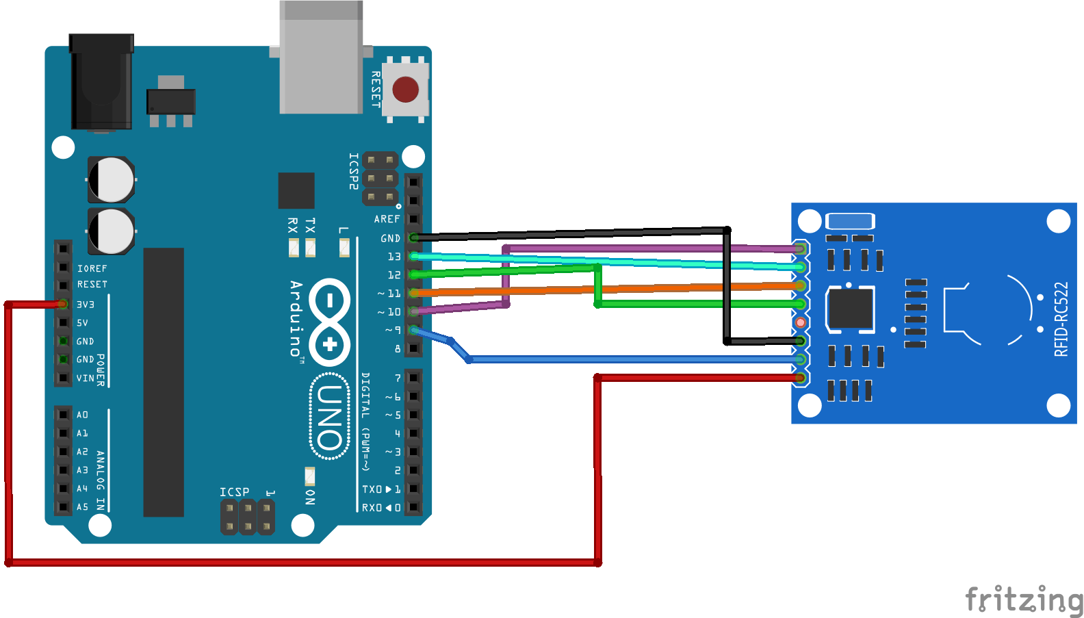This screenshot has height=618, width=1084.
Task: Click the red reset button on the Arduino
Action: (405, 89)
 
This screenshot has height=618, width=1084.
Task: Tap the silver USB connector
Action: (321, 62)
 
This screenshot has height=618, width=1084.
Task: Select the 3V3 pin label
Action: (86, 305)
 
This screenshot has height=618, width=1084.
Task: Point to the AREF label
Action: (387, 219)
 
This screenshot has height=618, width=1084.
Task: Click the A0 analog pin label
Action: (82, 415)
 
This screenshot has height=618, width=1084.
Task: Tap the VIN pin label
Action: (85, 378)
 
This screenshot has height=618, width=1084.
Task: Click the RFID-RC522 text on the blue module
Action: (1061, 320)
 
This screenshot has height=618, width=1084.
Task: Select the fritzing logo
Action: (1024, 600)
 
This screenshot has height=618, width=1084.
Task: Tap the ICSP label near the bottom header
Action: (234, 492)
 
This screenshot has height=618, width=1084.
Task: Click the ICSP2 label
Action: (353, 171)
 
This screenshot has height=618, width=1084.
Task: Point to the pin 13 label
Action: (394, 257)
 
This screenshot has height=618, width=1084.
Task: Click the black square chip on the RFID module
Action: (850, 309)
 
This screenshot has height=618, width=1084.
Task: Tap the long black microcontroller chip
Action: (164, 382)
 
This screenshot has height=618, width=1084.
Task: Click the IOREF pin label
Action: (92, 269)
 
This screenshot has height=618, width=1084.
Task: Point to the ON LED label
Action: (310, 497)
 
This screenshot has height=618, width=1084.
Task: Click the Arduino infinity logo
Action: (330, 322)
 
